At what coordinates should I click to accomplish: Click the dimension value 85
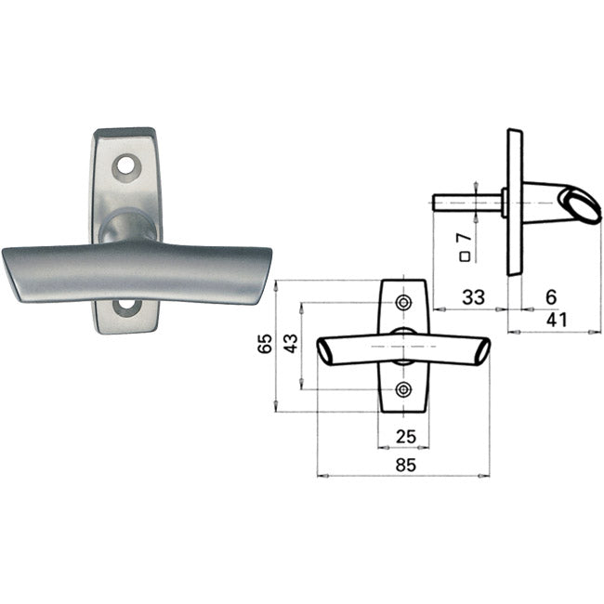point(406,465)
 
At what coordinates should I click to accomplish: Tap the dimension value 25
point(406,437)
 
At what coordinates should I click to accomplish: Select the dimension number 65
point(265,343)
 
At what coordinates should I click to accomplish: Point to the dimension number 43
point(291,343)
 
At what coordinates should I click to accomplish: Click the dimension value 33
point(473,297)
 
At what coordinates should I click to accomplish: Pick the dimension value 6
point(552,297)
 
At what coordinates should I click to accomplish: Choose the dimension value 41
point(557,320)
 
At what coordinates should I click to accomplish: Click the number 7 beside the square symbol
point(465,237)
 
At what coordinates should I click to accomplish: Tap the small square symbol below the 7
point(466,256)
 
